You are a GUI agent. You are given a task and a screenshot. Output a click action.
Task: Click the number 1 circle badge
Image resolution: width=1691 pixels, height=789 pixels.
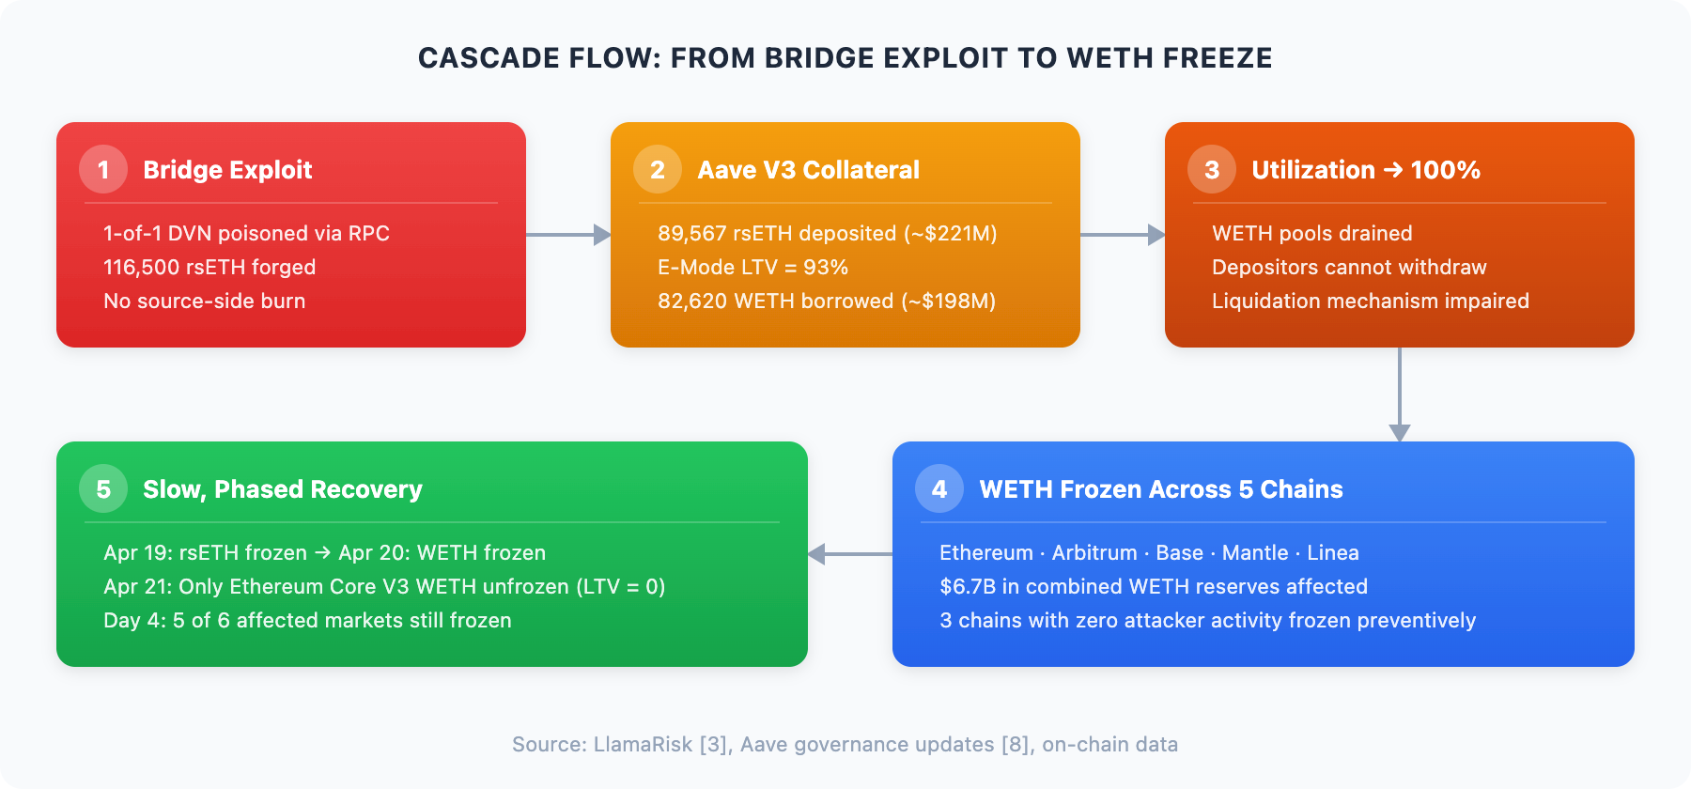[103, 169]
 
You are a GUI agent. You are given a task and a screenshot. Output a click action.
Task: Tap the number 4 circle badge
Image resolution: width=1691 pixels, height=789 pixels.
[939, 488]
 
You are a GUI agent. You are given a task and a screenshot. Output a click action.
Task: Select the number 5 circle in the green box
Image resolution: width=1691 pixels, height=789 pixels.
[103, 488]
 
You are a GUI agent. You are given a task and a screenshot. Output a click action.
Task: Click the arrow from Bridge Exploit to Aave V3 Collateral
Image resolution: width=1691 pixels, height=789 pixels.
[568, 235]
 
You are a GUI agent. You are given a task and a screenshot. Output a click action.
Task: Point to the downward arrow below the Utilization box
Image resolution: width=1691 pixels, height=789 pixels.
[1400, 394]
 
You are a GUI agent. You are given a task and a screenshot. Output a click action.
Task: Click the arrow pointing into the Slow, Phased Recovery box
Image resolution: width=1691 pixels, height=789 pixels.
[850, 554]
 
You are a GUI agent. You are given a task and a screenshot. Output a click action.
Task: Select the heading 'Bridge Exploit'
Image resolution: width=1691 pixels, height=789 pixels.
[227, 170]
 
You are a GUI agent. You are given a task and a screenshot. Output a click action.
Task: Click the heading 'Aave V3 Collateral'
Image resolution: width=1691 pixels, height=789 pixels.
[808, 170]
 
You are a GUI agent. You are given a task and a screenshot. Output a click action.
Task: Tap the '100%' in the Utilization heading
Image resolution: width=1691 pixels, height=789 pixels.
[1446, 170]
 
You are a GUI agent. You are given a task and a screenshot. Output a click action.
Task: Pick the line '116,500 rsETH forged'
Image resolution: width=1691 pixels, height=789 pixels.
[209, 267]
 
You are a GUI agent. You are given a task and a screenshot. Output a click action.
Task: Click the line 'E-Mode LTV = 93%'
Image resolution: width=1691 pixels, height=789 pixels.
[752, 267]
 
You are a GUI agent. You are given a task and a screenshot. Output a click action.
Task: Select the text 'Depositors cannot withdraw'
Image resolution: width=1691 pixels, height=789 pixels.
[1349, 267]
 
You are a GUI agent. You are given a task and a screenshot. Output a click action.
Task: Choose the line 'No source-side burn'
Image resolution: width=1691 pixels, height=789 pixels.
[204, 301]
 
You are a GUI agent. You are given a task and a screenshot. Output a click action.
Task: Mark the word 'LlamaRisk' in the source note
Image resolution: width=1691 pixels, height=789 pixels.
[644, 744]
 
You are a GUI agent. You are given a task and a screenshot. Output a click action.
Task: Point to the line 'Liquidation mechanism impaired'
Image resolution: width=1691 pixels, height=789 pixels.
[1371, 301]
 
